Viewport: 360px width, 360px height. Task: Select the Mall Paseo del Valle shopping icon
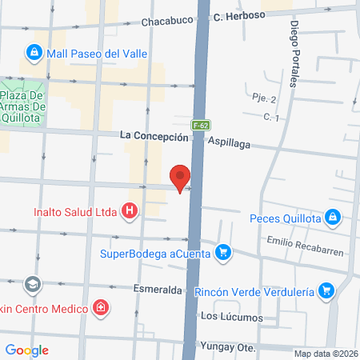pos(34,54)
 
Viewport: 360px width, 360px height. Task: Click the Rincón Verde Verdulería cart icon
pos(325,290)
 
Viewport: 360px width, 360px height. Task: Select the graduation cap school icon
pos(32,283)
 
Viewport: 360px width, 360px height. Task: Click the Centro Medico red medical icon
pos(101,307)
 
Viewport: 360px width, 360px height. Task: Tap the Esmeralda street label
pos(158,289)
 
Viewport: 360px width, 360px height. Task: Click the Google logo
pos(26,350)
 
